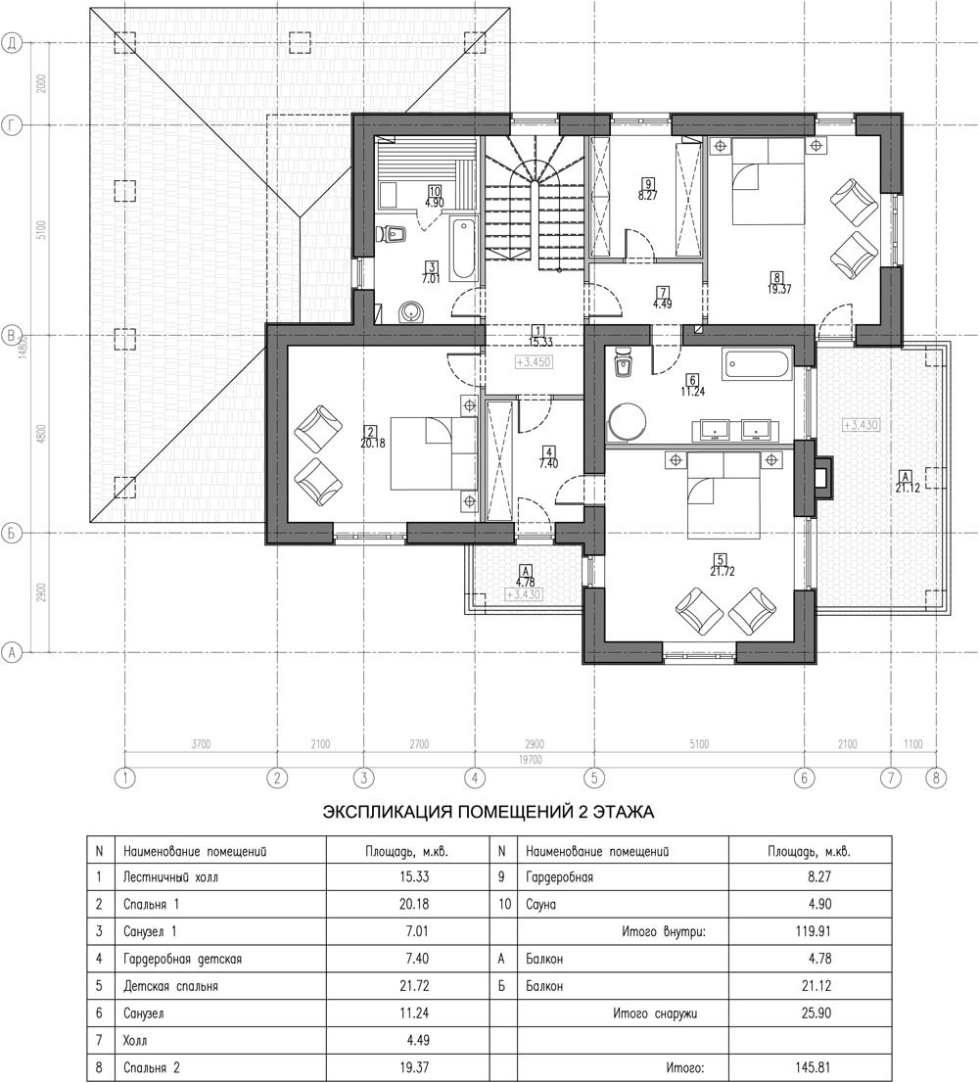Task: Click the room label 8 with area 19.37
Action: tap(778, 284)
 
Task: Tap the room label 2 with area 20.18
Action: tap(373, 438)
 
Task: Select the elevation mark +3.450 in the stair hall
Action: tap(534, 362)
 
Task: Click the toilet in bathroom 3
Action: tap(394, 235)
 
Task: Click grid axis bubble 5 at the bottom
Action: tap(593, 777)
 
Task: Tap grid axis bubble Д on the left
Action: tap(12, 43)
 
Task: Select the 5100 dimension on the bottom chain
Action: tap(699, 744)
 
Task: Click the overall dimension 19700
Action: tap(531, 760)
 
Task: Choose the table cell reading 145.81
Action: tap(813, 1067)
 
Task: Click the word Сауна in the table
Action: tap(541, 904)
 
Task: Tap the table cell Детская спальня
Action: tap(170, 986)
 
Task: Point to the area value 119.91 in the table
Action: tap(813, 931)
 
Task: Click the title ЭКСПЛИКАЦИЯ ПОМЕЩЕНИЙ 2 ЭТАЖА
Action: tap(489, 813)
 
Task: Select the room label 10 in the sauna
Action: tap(435, 191)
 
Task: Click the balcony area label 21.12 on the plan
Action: tap(905, 481)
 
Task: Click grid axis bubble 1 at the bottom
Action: tap(125, 777)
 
